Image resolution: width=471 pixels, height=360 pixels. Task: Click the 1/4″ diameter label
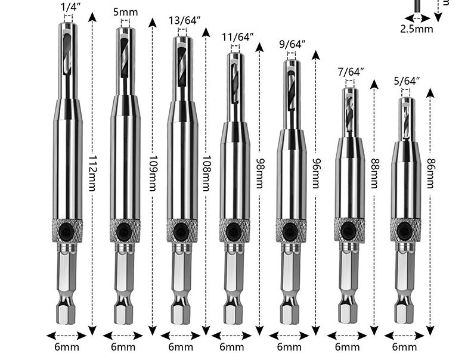[x=71, y=7]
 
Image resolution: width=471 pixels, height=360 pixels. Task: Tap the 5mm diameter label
[x=126, y=13]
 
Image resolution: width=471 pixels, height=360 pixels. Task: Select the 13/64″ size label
[x=184, y=21]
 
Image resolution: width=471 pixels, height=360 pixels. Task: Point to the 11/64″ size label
[x=238, y=37]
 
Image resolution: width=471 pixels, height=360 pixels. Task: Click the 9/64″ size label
[x=292, y=45]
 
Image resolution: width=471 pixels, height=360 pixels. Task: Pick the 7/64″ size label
[x=351, y=72]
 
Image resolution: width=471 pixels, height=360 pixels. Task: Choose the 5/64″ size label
[x=407, y=81]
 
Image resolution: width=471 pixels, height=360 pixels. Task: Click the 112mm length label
[x=92, y=173]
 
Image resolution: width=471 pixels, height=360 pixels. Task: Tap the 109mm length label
[x=153, y=173]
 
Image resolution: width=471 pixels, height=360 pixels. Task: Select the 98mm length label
[x=259, y=173]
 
